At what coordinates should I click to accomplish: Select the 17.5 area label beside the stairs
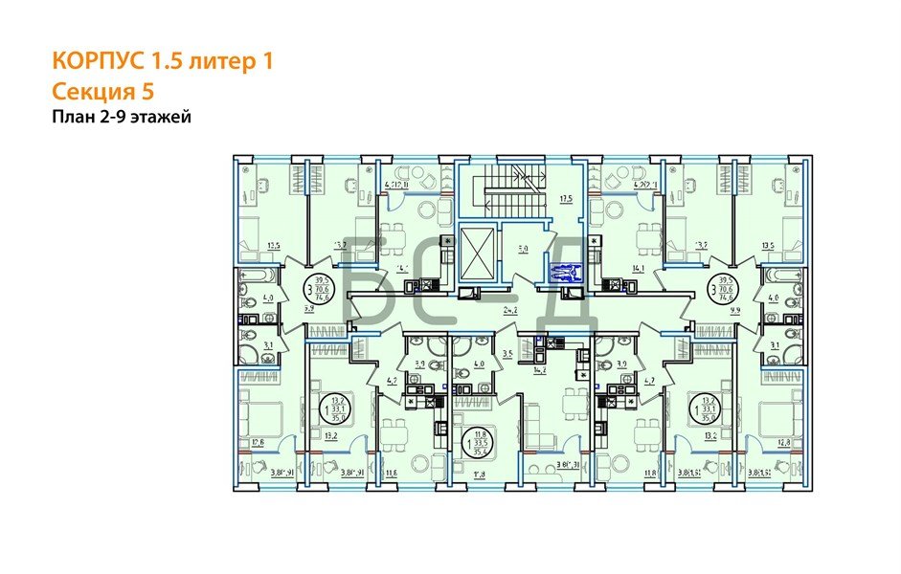click(x=565, y=199)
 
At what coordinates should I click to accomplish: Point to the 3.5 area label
click(x=507, y=354)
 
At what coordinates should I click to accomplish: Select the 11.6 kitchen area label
click(x=391, y=473)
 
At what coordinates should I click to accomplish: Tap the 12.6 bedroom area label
click(x=258, y=442)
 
